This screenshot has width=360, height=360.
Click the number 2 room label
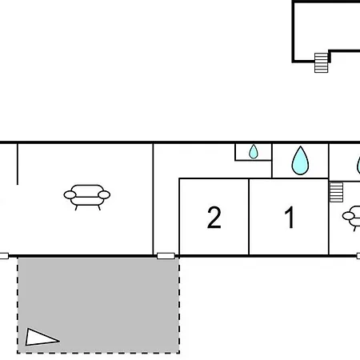coord(214,218)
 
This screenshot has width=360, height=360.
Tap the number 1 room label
coord(290,218)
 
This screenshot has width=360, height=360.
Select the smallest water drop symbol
coord(254,152)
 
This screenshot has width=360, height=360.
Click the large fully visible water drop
coord(300,161)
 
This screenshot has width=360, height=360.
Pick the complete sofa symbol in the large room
coord(87,198)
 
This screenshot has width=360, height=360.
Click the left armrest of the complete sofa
coord(70,195)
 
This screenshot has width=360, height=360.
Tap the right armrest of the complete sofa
coord(104,195)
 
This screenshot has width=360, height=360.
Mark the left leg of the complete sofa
coord(76,208)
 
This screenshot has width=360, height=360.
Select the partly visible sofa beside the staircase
coord(351,218)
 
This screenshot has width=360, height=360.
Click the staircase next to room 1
coord(336,192)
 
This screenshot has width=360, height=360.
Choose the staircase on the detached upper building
coord(321,62)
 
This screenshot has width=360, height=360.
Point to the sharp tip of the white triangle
coord(59,341)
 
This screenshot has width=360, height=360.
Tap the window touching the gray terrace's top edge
coord(166,256)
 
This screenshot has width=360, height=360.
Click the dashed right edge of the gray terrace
coord(179,306)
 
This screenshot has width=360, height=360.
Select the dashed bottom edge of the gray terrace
coord(98,353)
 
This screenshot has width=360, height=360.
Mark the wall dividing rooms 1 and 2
coord(249,217)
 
